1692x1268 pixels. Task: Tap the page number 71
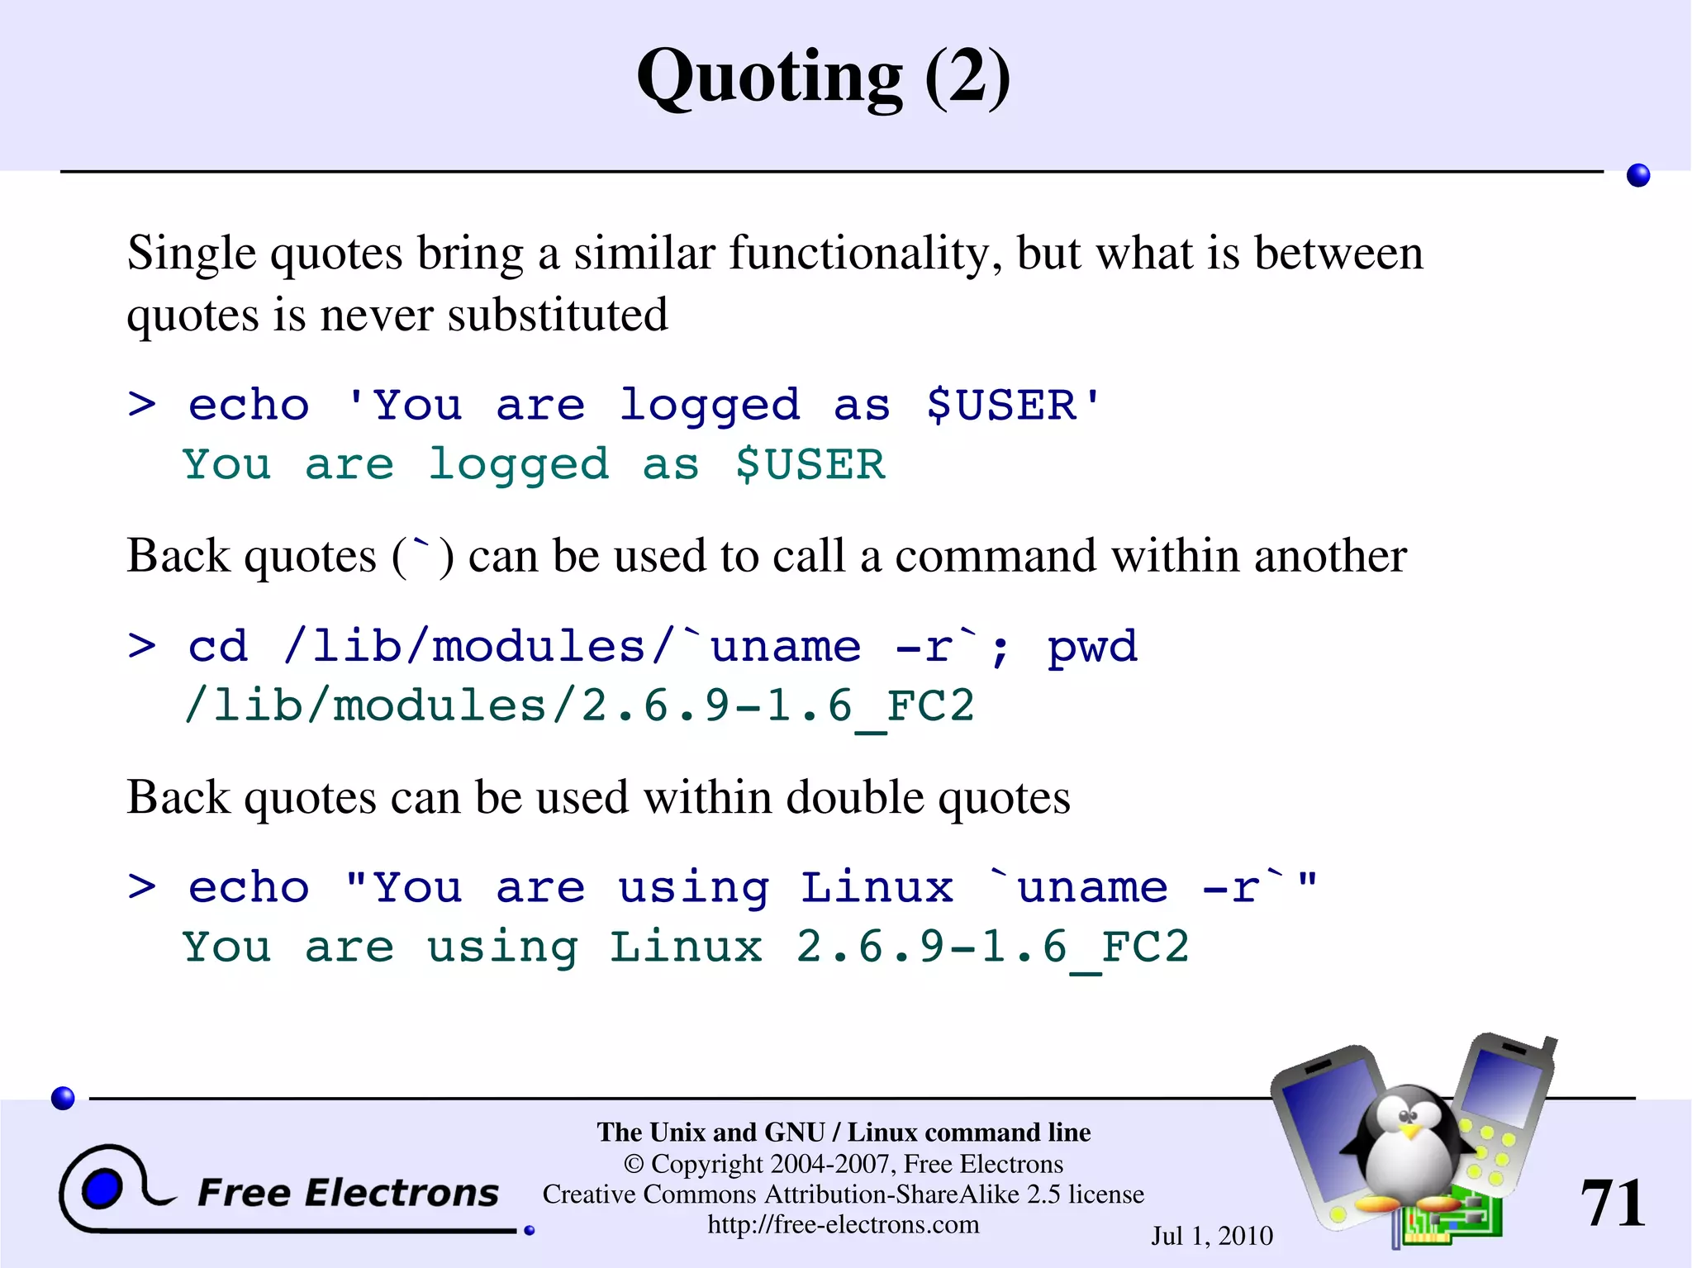pos(1612,1203)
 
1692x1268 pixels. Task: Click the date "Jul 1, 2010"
pos(1212,1236)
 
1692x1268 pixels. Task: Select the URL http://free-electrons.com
pos(843,1224)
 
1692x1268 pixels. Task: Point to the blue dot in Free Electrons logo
pos(102,1189)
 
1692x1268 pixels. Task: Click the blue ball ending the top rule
pos(1637,175)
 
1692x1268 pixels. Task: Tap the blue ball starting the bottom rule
pos(63,1098)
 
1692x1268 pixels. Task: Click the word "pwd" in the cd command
pos(1092,646)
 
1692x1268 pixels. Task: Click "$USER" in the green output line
pos(810,464)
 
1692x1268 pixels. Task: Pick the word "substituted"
pos(558,316)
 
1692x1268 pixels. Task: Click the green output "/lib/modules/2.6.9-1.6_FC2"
pos(578,706)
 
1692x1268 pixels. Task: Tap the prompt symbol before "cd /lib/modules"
pos(142,646)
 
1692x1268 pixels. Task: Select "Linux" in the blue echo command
pos(877,888)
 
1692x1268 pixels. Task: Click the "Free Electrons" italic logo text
pos(348,1193)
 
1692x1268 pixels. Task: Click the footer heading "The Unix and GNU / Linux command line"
pos(844,1132)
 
